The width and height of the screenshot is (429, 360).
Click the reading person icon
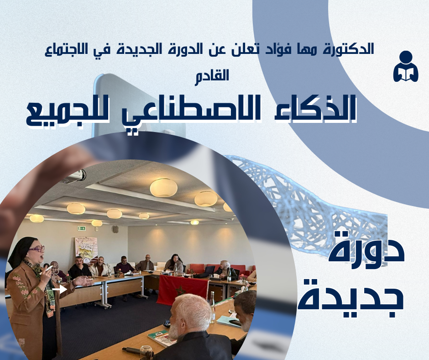click(x=406, y=66)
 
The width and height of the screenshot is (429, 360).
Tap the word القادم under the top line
click(x=212, y=75)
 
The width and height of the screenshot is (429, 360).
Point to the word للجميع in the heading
click(x=68, y=113)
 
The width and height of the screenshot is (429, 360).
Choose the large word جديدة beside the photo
click(x=351, y=298)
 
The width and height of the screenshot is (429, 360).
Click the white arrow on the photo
click(x=60, y=289)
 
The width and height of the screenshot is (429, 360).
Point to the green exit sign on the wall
click(x=82, y=228)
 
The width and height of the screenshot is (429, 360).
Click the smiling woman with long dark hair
click(x=174, y=264)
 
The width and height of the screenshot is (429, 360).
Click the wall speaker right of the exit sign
click(x=116, y=229)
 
